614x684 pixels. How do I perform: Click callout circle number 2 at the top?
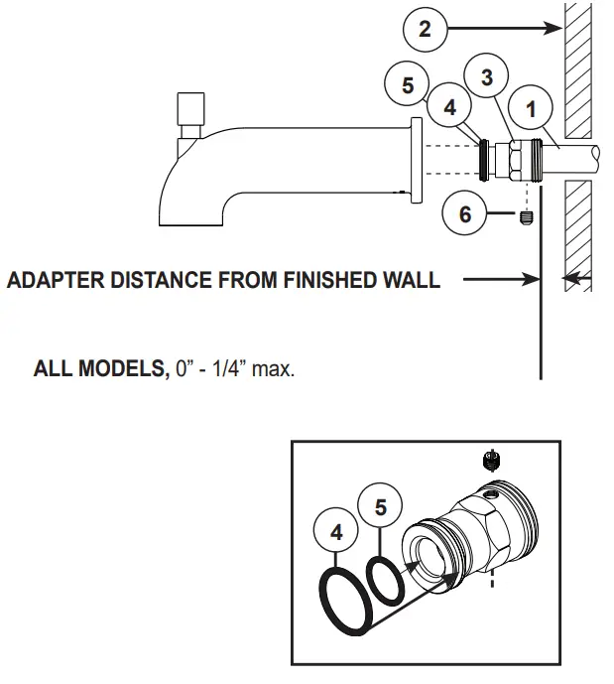426,29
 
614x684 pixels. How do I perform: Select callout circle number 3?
487,78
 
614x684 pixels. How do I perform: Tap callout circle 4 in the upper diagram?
451,108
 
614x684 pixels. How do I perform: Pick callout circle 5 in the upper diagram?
409,85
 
